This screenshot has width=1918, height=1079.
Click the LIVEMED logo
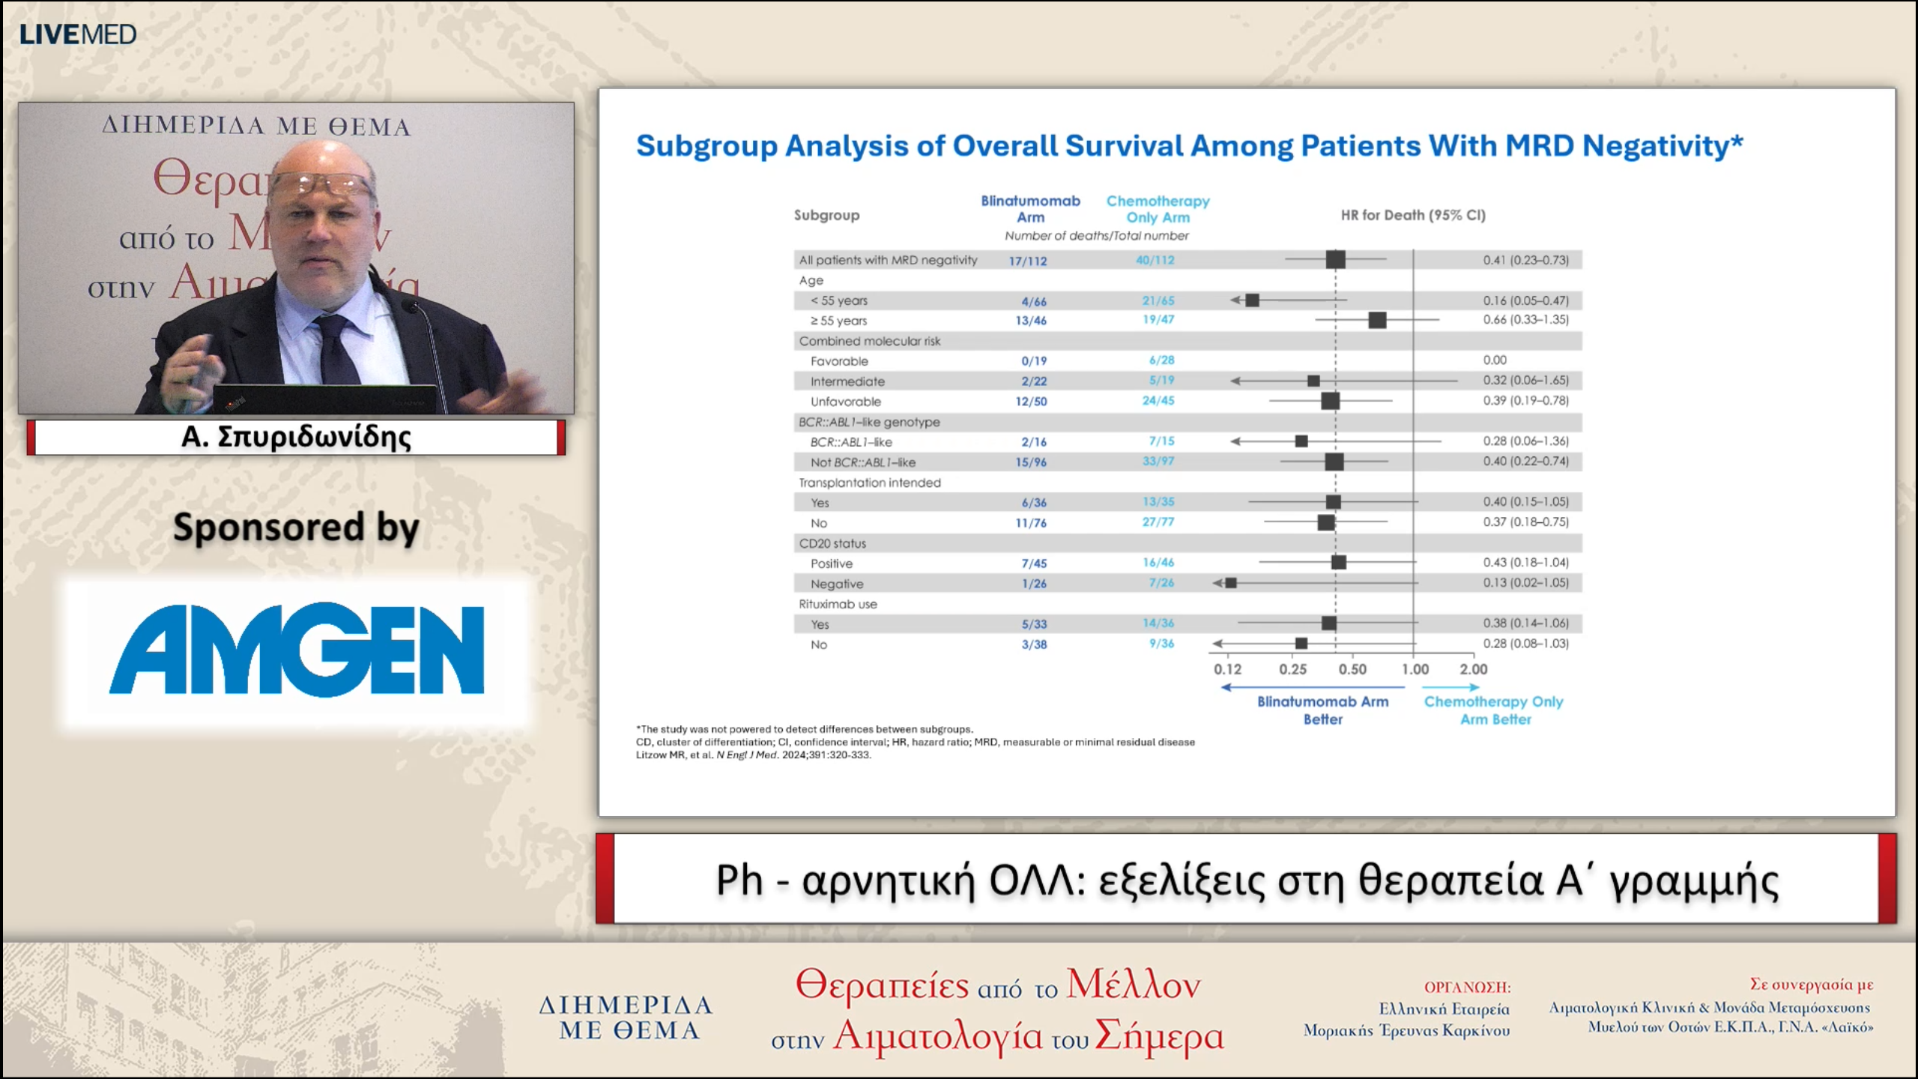click(x=77, y=34)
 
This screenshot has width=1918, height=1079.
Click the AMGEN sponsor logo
click(x=297, y=649)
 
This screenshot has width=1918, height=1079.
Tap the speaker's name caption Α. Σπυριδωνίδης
click(x=296, y=437)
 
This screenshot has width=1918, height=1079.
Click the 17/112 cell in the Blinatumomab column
click(x=1027, y=261)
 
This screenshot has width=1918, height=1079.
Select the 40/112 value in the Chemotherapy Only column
click(x=1155, y=260)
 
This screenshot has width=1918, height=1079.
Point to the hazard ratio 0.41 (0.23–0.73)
click(x=1525, y=260)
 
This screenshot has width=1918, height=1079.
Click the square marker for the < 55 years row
click(x=1252, y=300)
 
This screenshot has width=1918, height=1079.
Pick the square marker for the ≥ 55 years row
click(x=1377, y=320)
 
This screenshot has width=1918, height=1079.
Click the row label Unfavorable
click(x=845, y=402)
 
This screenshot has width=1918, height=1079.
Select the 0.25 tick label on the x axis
click(x=1292, y=669)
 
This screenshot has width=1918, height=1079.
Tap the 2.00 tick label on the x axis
click(x=1473, y=669)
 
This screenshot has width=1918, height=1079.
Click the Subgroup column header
click(x=826, y=215)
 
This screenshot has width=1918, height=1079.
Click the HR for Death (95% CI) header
click(x=1412, y=215)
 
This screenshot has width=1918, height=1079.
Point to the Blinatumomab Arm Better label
click(x=1322, y=710)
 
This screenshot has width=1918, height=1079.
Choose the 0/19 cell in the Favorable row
click(x=1033, y=361)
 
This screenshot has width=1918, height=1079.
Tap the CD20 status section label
click(x=832, y=543)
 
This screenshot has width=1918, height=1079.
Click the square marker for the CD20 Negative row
click(x=1231, y=583)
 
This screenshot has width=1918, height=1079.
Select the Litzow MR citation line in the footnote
click(x=753, y=755)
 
